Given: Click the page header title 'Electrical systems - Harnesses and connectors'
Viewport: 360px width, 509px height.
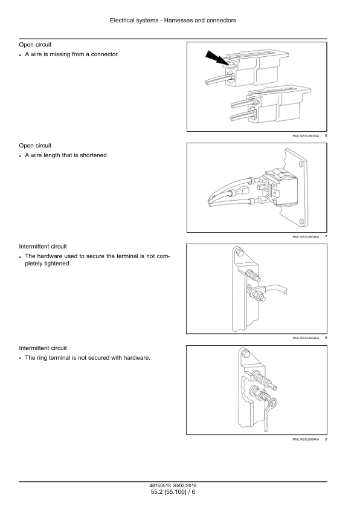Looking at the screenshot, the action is [173, 21].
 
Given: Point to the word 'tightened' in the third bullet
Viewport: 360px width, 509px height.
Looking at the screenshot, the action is [57, 264].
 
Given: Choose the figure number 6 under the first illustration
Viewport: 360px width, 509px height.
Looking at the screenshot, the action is [326, 135].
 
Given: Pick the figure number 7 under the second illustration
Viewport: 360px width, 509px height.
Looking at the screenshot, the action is [326, 236].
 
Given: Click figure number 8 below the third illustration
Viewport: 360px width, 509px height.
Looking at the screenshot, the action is [326, 338].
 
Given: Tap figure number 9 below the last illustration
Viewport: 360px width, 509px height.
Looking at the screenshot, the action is [326, 439].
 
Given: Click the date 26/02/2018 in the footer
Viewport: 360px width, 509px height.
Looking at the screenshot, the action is [185, 485].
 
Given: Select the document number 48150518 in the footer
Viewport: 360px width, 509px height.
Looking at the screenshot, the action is [160, 485].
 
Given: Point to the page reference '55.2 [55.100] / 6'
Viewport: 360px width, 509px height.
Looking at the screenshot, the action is [173, 492].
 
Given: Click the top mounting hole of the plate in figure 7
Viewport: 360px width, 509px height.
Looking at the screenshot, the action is [301, 164].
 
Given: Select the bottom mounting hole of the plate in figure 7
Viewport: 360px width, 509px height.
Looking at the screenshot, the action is [301, 222].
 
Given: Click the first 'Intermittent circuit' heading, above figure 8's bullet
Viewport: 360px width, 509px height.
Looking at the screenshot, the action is [43, 247].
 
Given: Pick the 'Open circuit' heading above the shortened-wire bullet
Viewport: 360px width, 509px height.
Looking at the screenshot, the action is [35, 146].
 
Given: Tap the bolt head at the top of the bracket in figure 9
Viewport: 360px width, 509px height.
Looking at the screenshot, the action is [245, 354].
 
